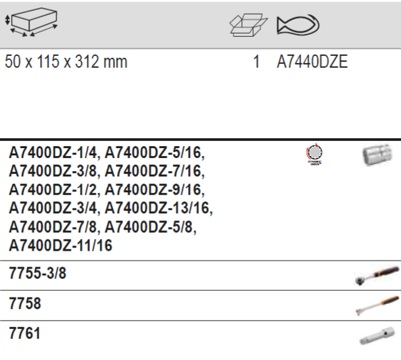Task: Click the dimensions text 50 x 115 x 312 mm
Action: pyautogui.click(x=66, y=64)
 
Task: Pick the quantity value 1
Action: pyautogui.click(x=256, y=64)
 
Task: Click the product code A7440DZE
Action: pyautogui.click(x=312, y=64)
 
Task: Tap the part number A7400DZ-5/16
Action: pyautogui.click(x=155, y=153)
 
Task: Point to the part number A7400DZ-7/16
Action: pyautogui.click(x=155, y=172)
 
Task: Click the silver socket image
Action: pyautogui.click(x=376, y=155)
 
